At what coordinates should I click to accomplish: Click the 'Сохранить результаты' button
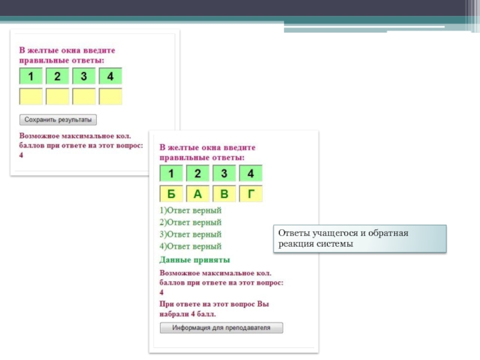coord(58,119)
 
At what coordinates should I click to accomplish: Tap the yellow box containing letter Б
coord(171,193)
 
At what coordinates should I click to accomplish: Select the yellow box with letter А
coord(198,193)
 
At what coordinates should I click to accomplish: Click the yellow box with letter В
coord(224,193)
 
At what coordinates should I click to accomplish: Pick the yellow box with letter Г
coord(251,193)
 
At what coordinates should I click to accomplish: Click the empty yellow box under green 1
coord(31,97)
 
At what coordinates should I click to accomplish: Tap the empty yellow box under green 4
coord(110,97)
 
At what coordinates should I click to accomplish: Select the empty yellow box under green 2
coord(58,97)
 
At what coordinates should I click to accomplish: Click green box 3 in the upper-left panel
coord(84,76)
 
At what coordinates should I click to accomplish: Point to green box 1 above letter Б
coord(171,173)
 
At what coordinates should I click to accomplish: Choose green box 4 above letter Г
coord(251,173)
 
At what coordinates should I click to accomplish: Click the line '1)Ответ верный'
coord(190,211)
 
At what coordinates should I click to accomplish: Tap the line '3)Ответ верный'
coord(190,235)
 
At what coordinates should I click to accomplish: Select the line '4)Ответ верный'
coord(190,247)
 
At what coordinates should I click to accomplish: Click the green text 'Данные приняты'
coord(194,260)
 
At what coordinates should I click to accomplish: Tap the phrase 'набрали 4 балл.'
coord(188,314)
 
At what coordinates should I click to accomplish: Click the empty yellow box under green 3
coord(84,97)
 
